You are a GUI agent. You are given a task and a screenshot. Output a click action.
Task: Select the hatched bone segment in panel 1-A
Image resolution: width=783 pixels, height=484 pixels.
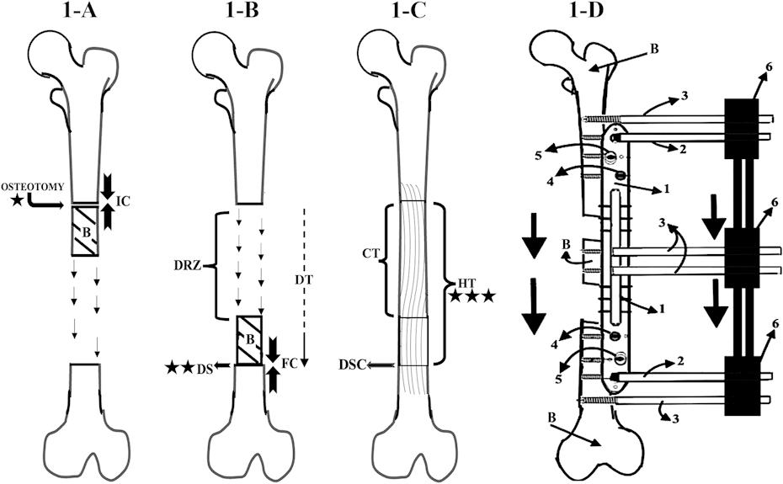coord(85,230)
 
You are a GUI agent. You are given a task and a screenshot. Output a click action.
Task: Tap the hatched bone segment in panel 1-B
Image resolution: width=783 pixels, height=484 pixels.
coord(249,340)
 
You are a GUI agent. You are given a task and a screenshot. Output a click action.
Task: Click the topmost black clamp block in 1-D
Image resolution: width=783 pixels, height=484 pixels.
coord(743,123)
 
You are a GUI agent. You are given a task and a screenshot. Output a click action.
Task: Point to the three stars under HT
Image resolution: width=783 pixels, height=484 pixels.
coord(471,296)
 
